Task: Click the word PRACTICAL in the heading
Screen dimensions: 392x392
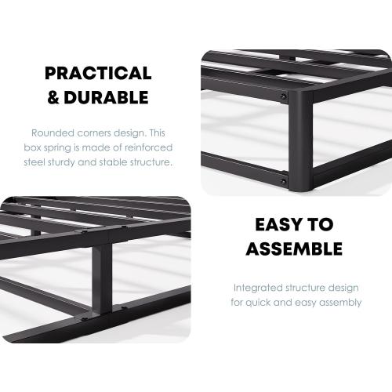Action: (98, 74)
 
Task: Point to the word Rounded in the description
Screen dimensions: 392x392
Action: (53, 132)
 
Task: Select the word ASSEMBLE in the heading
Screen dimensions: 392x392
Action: (294, 249)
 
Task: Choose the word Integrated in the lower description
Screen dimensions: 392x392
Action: (256, 287)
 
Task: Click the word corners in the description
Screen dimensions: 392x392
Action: (97, 132)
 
